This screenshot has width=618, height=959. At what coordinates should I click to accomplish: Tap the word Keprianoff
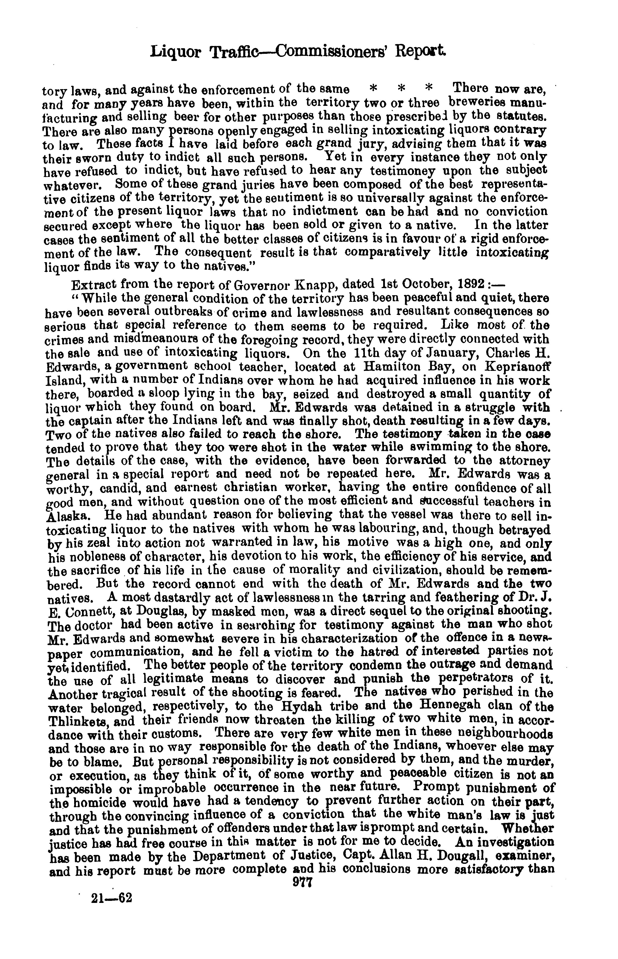pos(518,367)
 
